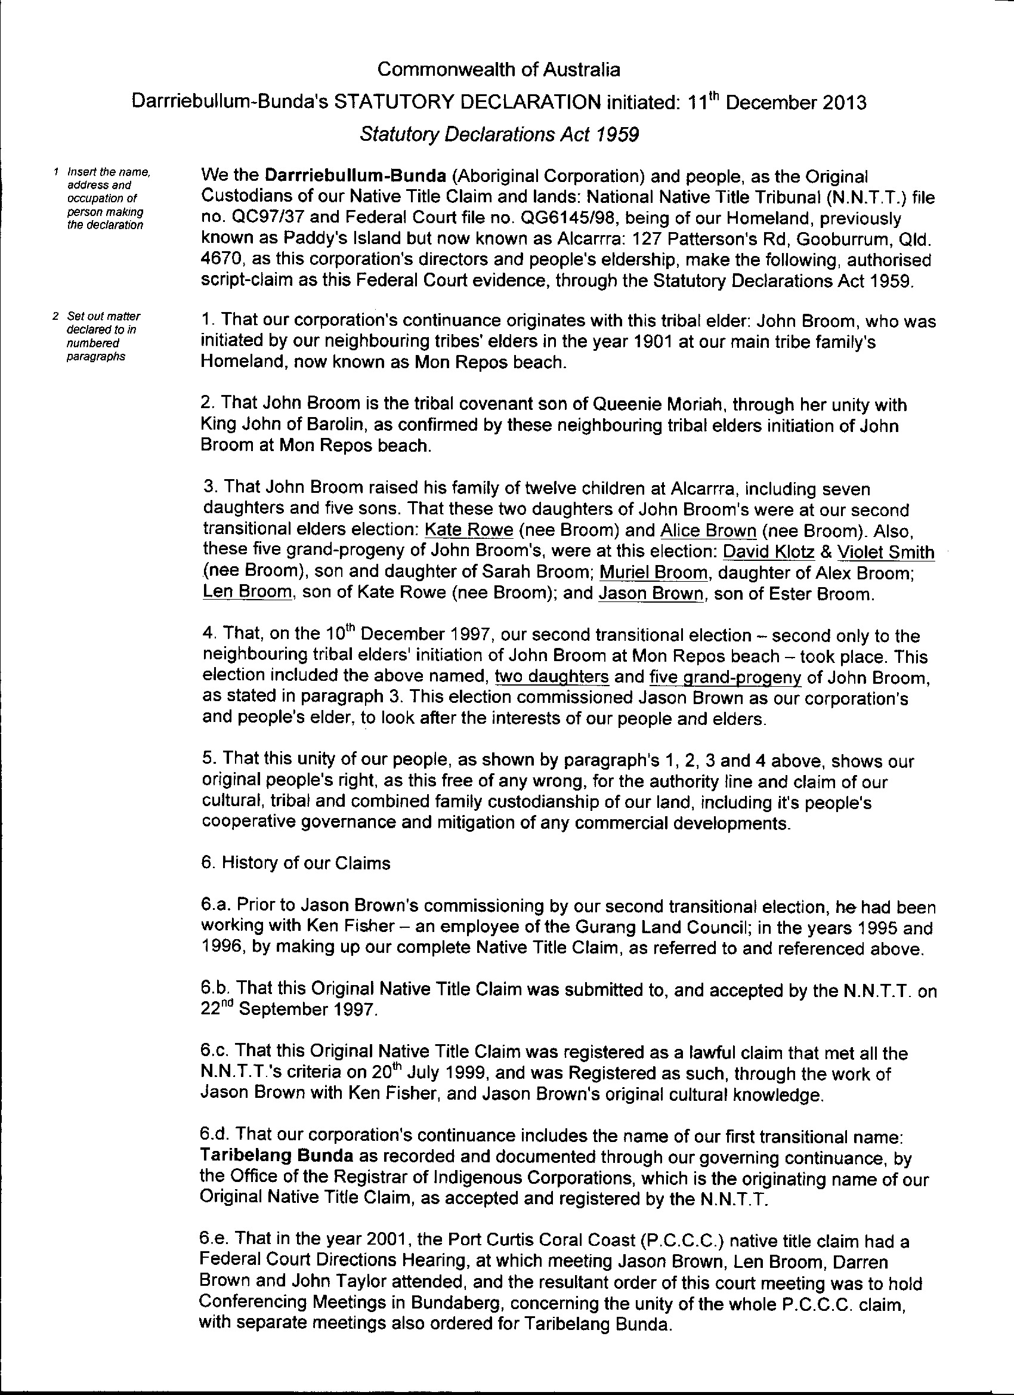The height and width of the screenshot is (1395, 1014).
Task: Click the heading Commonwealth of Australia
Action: (499, 69)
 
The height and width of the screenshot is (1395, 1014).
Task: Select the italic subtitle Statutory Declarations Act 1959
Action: (499, 134)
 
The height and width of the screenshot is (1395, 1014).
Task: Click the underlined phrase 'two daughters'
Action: (552, 677)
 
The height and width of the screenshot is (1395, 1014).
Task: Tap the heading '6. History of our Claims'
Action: (296, 863)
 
